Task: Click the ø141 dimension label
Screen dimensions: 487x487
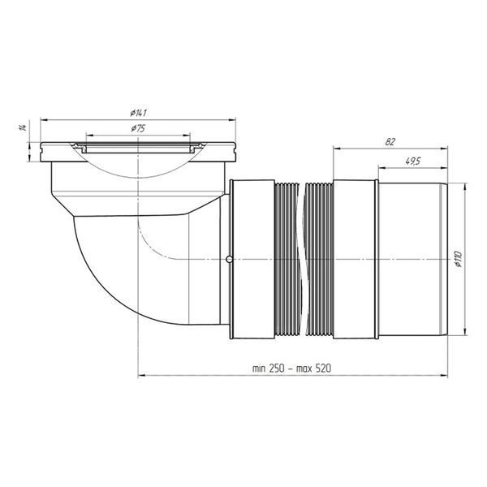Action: (139, 113)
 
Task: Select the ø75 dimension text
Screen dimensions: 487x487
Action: (138, 128)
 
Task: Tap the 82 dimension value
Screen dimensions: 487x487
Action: (390, 142)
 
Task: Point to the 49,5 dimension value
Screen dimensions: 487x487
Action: (413, 162)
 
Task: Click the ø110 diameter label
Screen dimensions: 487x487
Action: (459, 260)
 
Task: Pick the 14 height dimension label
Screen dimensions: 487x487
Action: (23, 127)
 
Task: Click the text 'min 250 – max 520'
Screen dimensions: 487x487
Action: (291, 368)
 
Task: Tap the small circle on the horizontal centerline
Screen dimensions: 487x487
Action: (229, 259)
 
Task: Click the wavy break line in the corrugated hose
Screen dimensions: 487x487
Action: (301, 260)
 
